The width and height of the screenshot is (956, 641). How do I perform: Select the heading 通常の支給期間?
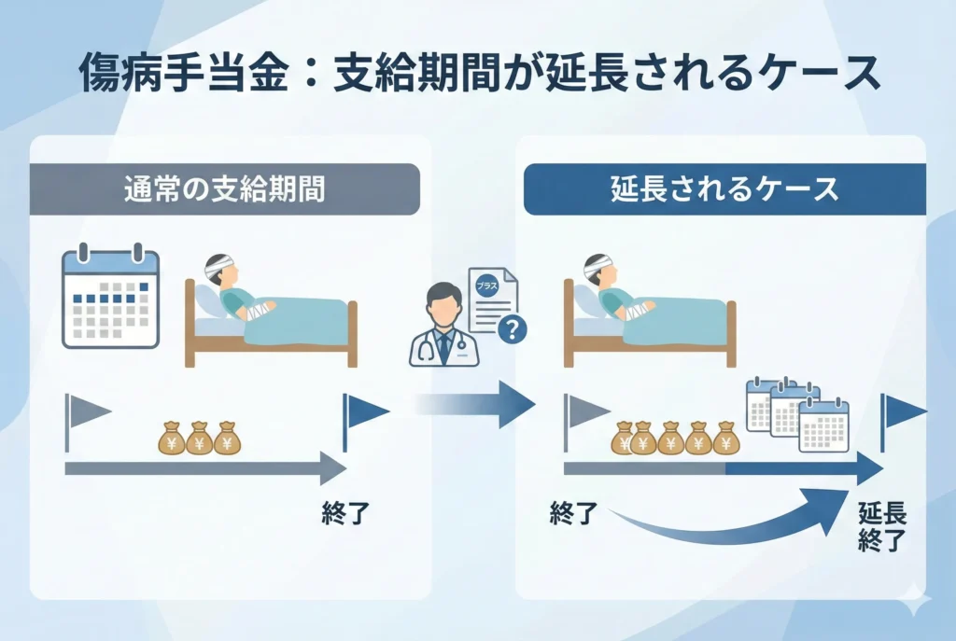[224, 189]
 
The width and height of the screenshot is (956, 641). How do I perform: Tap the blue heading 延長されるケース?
[724, 189]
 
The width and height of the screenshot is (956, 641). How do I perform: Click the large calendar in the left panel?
[110, 298]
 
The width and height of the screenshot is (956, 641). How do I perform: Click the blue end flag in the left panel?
[364, 411]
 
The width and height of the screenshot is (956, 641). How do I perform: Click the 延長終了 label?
[882, 526]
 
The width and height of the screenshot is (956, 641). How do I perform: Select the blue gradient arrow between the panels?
[476, 403]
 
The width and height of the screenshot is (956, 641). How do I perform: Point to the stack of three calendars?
[797, 414]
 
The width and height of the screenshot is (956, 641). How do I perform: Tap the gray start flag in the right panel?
[584, 411]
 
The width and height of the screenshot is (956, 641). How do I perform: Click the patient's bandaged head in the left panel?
[218, 270]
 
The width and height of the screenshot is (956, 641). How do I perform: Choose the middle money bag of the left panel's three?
[200, 438]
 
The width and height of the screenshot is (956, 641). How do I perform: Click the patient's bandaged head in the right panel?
[597, 270]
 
